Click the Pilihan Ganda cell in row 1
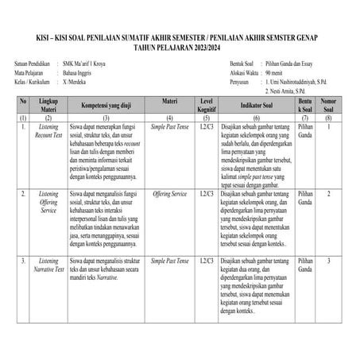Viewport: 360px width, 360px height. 305,131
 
